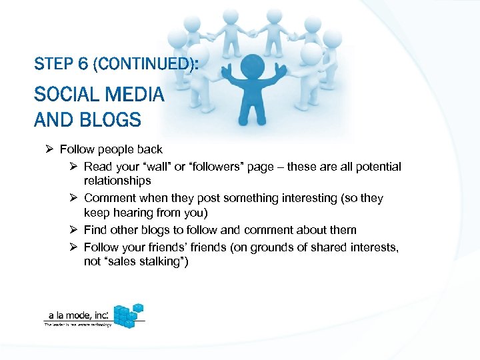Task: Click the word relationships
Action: coord(117,181)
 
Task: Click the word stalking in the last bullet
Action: coord(163,261)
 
